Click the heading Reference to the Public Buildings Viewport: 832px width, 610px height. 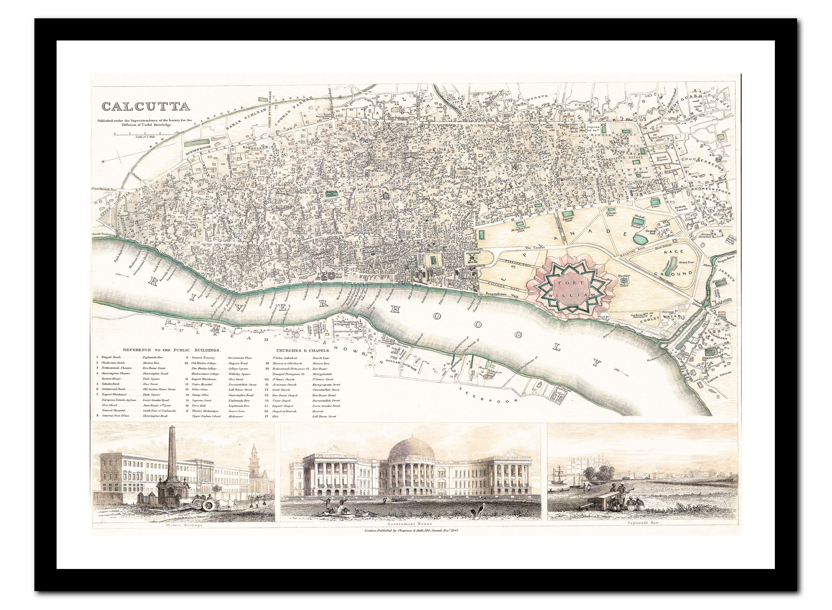click(171, 350)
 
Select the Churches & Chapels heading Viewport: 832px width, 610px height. click(302, 350)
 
